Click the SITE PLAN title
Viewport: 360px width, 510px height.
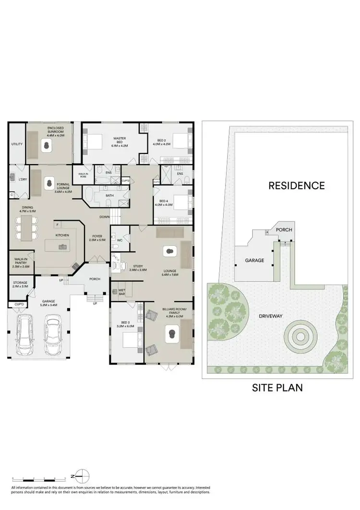coord(277,388)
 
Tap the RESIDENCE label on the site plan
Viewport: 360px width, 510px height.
coord(296,185)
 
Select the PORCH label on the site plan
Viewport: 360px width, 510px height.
coord(284,230)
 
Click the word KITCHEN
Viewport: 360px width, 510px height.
coord(62,235)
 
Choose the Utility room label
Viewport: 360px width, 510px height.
coord(17,144)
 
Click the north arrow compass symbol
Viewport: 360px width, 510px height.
coord(84,476)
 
